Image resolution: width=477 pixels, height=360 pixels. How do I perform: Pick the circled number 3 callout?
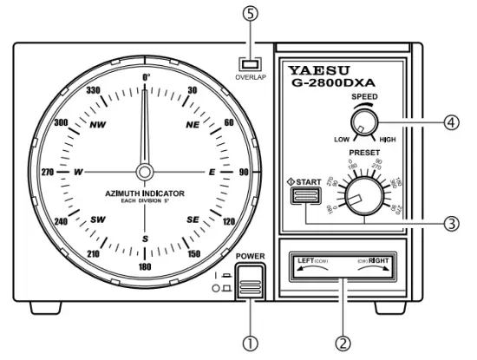pyautogui.click(x=452, y=222)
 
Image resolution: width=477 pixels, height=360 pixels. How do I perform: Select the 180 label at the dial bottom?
pyautogui.click(x=145, y=266)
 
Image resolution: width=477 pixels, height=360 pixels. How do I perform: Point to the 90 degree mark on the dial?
pyautogui.click(x=244, y=172)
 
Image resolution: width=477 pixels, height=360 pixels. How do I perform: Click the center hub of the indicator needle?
pyautogui.click(x=145, y=171)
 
